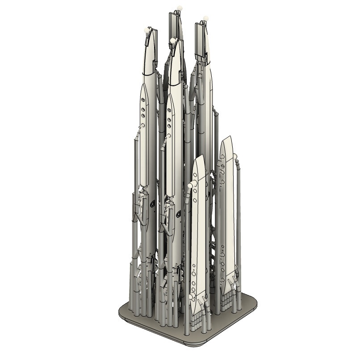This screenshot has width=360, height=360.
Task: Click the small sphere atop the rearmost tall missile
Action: (x=180, y=8)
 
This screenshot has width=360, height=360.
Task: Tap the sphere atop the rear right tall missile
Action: (x=205, y=18)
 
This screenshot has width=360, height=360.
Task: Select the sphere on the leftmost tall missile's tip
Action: (x=146, y=29)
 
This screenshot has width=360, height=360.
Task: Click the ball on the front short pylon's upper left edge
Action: (x=191, y=185)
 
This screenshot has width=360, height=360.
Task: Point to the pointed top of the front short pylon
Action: (x=201, y=156)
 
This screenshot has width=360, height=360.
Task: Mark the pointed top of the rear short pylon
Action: (x=229, y=137)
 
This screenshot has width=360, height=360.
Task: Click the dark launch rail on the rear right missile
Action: (x=200, y=42)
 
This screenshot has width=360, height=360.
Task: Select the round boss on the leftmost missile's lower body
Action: (x=153, y=204)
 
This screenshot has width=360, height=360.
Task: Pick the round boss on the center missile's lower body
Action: (x=179, y=213)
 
